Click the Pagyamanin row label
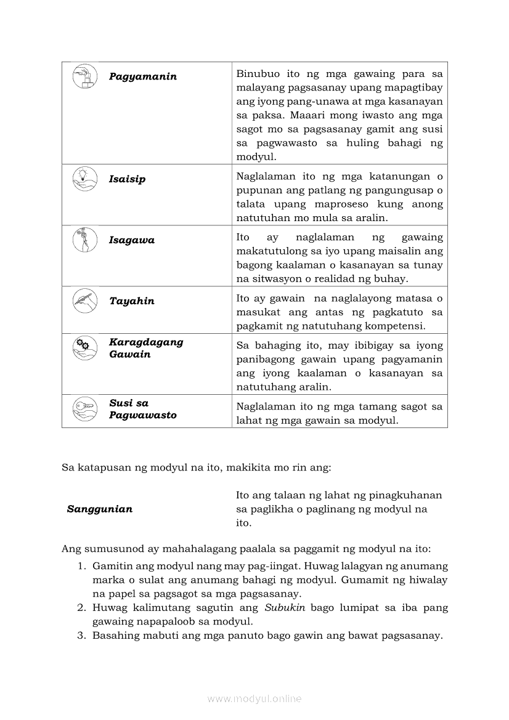pos(143,76)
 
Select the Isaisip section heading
pos(127,179)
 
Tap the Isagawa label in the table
pos(132,240)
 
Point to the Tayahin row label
pos(132,301)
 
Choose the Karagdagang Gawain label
pos(146,348)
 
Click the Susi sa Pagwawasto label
pos(142,409)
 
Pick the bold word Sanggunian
pos(100,509)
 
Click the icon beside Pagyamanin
pos(84,76)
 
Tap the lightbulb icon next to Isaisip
pos(84,178)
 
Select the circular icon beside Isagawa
pos(84,240)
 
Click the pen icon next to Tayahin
pos(84,300)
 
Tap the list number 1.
pos(81,566)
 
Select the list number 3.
pos(81,636)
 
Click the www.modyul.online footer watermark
pos(254,698)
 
